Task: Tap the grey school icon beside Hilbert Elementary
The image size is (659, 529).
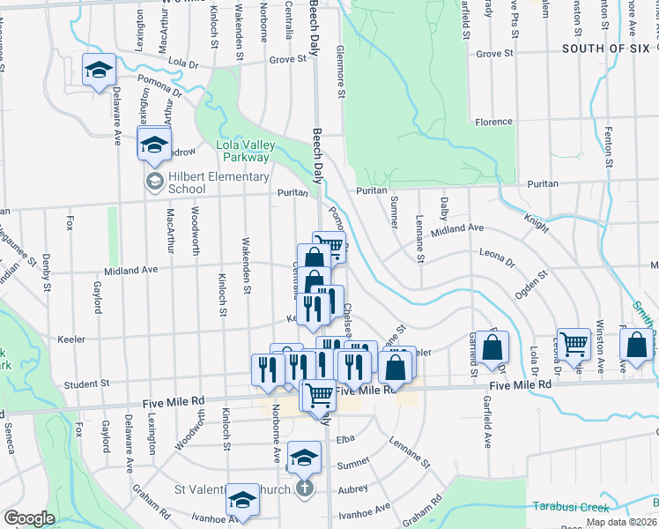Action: (154, 182)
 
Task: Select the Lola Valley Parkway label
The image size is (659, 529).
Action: (246, 151)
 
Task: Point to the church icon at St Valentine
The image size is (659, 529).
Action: (304, 488)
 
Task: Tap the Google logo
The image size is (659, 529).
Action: (29, 518)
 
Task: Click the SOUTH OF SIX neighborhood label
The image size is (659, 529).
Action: (605, 48)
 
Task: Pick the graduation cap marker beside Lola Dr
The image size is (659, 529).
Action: (99, 69)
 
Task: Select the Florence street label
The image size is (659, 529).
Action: (493, 123)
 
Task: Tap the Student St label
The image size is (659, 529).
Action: (85, 384)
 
